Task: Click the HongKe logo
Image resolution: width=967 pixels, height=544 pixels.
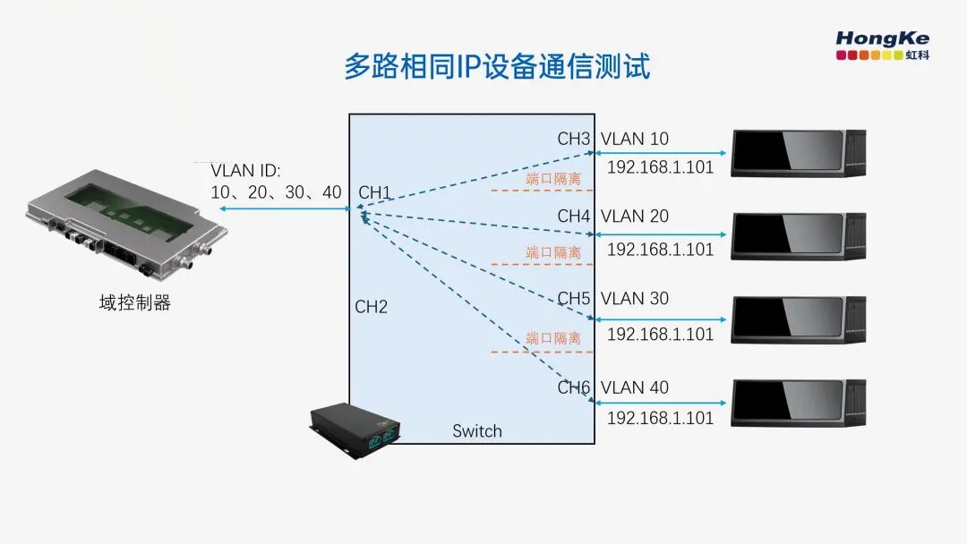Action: [x=883, y=46]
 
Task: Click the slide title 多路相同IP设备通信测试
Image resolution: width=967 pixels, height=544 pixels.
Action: [x=497, y=66]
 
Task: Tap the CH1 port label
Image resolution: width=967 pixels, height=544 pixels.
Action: [x=374, y=193]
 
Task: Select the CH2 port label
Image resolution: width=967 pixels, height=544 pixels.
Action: [x=372, y=307]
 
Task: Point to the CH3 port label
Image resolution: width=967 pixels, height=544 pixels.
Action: [x=574, y=140]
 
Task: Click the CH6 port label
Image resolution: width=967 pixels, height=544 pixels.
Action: [x=574, y=387]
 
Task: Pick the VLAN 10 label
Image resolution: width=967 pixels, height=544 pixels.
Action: [x=635, y=140]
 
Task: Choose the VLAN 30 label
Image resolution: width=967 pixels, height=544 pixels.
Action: [x=635, y=299]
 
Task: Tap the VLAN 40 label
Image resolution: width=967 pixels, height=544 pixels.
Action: [x=635, y=387]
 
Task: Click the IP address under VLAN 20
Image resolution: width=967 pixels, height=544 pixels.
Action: [x=660, y=250]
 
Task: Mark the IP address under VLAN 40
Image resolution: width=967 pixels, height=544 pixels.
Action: [x=660, y=419]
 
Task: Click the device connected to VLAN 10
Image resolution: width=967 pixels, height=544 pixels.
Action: [x=799, y=153]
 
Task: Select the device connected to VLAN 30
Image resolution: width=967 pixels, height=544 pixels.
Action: [x=799, y=319]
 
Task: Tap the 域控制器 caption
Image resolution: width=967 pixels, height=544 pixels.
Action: [x=134, y=303]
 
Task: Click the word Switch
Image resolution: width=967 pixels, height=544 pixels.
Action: [x=476, y=431]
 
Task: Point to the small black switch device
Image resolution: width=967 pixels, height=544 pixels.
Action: [x=355, y=430]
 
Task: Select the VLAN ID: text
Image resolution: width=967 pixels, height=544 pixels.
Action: [x=245, y=171]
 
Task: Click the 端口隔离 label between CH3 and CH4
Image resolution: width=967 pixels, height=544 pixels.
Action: [x=553, y=179]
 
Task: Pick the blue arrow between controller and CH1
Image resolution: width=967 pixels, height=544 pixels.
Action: [x=285, y=208]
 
